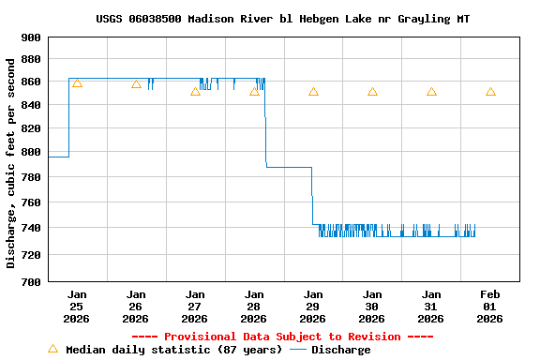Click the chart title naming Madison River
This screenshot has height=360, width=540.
(282, 19)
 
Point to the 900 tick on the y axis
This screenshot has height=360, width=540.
(31, 37)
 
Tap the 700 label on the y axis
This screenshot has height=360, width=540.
(31, 281)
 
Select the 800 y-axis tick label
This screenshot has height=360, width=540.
(31, 152)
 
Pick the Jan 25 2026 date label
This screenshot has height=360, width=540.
(77, 306)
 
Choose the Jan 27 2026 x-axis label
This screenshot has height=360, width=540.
(195, 306)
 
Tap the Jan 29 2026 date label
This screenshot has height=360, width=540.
(313, 306)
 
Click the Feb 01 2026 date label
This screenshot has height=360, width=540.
(490, 306)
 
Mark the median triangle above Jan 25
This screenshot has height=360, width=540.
(77, 83)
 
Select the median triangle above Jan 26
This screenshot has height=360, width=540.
(136, 84)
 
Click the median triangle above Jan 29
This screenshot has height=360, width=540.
(313, 92)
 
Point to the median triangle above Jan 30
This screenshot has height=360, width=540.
(372, 92)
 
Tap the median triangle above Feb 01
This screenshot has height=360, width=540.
(490, 92)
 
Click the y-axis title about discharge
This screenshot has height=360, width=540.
(11, 163)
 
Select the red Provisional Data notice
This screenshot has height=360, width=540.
(282, 337)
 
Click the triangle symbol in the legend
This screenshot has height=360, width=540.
(52, 349)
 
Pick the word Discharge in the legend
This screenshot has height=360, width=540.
(340, 350)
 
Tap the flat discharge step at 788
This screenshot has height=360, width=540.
(289, 167)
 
